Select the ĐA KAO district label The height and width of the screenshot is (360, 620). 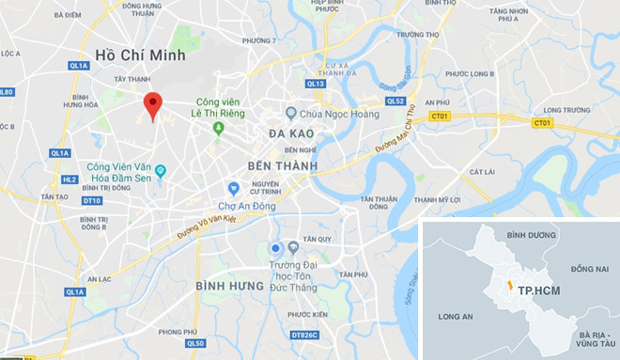pyautogui.click(x=290, y=134)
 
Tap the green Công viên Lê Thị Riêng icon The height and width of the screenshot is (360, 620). pyautogui.click(x=218, y=128)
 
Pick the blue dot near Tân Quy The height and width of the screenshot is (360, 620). pyautogui.click(x=275, y=248)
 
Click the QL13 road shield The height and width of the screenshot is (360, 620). pyautogui.click(x=316, y=84)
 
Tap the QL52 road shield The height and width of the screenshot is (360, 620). pyautogui.click(x=395, y=102)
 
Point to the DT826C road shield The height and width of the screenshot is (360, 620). pyautogui.click(x=306, y=335)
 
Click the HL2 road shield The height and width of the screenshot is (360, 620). pyautogui.click(x=69, y=179)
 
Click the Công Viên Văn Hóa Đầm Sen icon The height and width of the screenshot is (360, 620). pyautogui.click(x=161, y=170)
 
